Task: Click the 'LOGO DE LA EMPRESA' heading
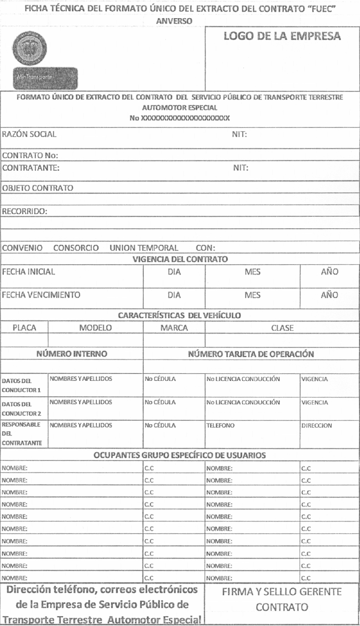[x=282, y=36]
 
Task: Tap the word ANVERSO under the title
[x=180, y=21]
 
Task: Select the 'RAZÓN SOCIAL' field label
[x=29, y=134]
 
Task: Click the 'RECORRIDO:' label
[x=26, y=211]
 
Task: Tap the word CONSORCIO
[x=76, y=248]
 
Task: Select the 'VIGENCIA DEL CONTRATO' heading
[x=180, y=259]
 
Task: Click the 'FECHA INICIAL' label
[x=29, y=272]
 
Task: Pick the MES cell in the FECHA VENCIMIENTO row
[x=252, y=295]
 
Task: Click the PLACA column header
[x=24, y=327]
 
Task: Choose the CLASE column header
[x=282, y=327]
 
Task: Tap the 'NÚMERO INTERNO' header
[x=72, y=353]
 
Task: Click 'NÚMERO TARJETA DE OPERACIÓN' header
[x=251, y=353]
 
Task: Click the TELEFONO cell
[x=221, y=425]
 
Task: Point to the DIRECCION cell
[x=317, y=425]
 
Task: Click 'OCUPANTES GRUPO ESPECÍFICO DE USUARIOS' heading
[x=180, y=455]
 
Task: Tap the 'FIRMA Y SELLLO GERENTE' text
[x=282, y=592]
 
